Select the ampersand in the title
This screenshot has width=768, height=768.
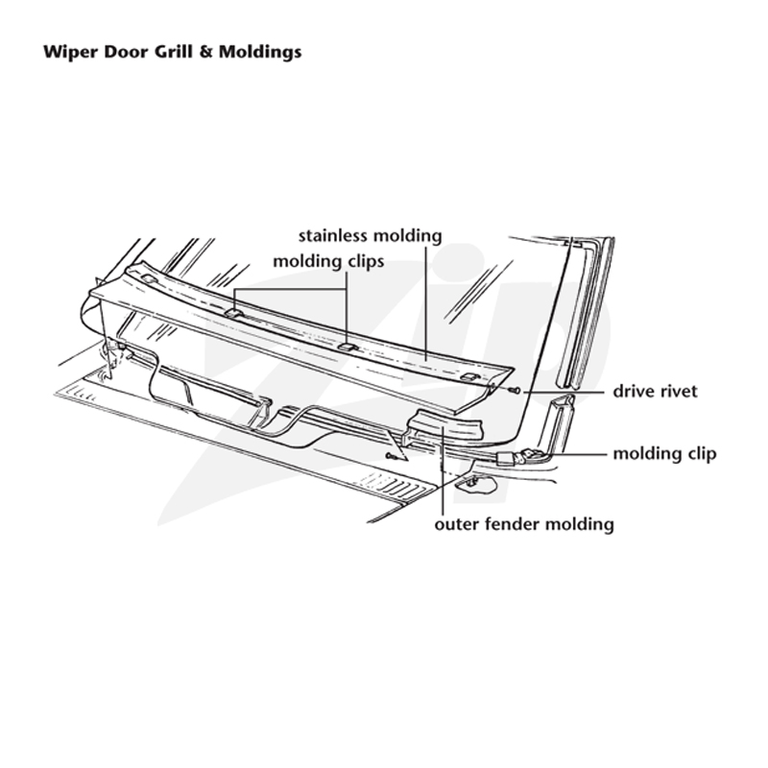pos(205,52)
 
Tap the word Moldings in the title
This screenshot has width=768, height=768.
pos(260,53)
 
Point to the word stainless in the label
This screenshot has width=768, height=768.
pos(332,235)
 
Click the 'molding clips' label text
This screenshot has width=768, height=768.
pos(328,261)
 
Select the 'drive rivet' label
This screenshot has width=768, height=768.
pos(656,392)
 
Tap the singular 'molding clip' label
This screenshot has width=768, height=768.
pos(664,454)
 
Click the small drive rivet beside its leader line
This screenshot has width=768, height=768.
pos(515,391)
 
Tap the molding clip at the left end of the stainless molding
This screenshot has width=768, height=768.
pos(149,279)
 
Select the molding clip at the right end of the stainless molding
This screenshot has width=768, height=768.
pos(469,377)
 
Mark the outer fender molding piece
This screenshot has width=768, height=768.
pos(444,425)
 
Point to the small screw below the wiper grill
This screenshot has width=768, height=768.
pos(391,457)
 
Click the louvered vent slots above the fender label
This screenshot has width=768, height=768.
pos(396,486)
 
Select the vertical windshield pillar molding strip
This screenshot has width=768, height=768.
pos(585,314)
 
